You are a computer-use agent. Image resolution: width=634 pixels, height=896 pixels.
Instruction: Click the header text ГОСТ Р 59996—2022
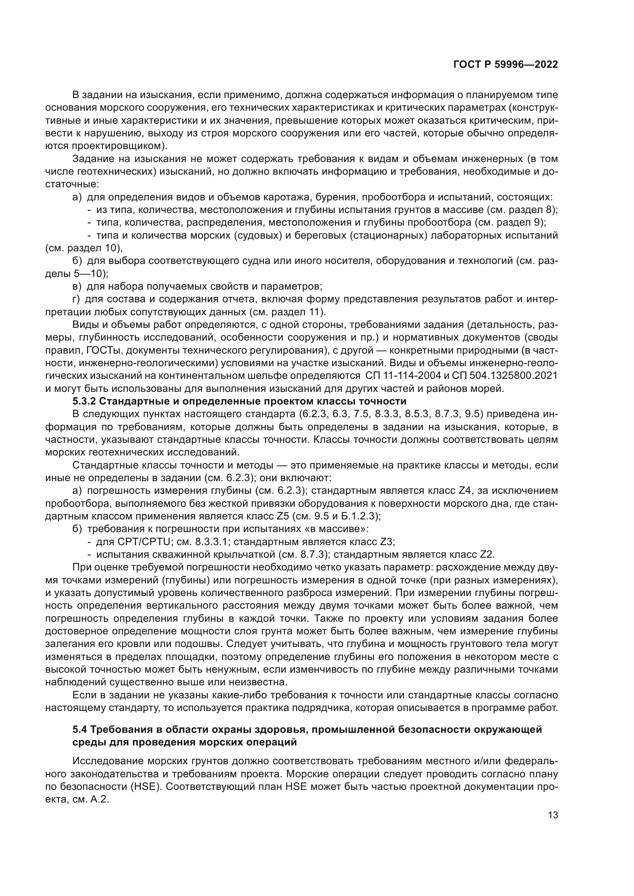[x=505, y=65]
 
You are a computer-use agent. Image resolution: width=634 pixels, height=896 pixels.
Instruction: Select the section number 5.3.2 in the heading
[x=84, y=401]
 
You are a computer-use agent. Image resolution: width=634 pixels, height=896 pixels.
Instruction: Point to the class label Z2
[x=486, y=555]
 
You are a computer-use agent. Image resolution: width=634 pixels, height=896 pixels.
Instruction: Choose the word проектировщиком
[x=118, y=146]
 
